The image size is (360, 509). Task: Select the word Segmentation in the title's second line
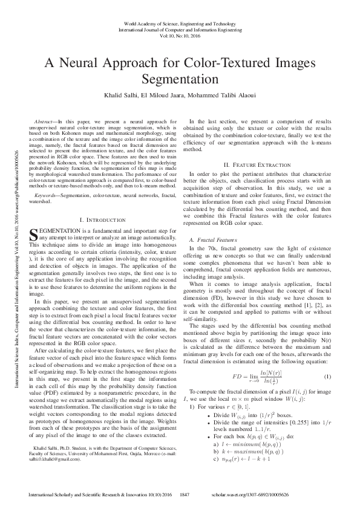[x=180, y=79]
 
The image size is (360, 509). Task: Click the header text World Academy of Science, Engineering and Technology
[x=180, y=22]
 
